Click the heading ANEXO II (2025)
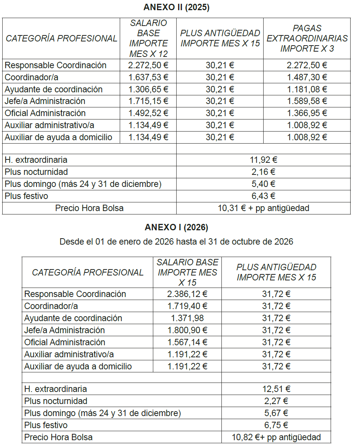177,8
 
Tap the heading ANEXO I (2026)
176,227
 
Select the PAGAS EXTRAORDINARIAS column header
307,38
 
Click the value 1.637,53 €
148,77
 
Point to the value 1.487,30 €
307,77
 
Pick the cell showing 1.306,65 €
148,89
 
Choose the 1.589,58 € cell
307,101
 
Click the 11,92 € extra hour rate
264,160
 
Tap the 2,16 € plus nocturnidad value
264,172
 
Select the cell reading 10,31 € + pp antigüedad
264,208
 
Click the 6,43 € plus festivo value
264,196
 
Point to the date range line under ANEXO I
176,242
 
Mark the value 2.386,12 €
187,294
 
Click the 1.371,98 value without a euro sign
187,318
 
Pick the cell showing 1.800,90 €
187,330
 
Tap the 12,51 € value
276,389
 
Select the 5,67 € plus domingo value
276,413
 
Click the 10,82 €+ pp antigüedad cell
276,437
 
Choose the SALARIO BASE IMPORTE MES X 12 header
148,38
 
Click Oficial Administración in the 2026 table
65,342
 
